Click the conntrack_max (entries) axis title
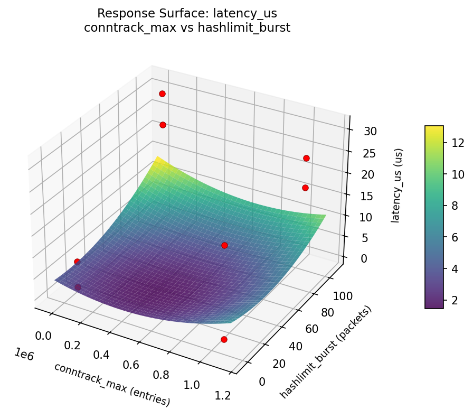click(112, 384)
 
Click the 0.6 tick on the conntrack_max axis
click(131, 365)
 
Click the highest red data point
click(162, 94)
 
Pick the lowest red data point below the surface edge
click(224, 339)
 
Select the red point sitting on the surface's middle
click(224, 245)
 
